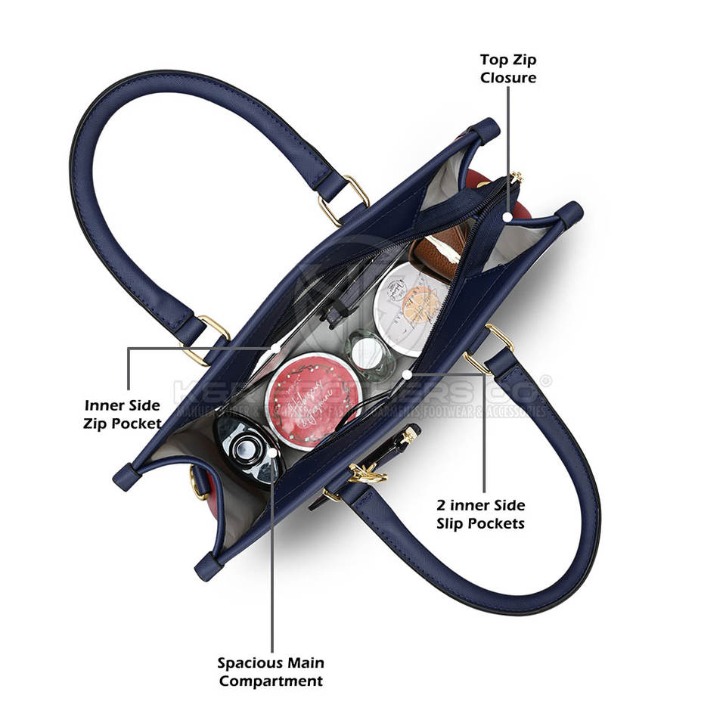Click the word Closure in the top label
(508, 77)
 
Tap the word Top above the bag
(495, 59)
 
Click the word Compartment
(271, 681)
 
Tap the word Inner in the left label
(106, 405)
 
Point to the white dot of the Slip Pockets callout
(407, 374)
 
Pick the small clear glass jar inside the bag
(368, 353)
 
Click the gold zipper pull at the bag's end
(517, 178)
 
